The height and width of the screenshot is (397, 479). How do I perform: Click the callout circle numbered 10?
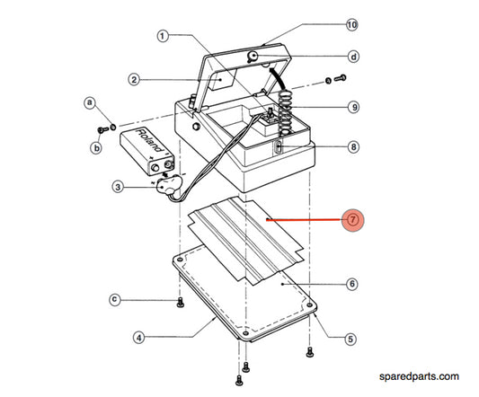tap(352, 23)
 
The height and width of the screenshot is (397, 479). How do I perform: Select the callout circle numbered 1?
tap(163, 37)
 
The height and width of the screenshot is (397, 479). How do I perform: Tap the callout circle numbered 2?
tap(132, 80)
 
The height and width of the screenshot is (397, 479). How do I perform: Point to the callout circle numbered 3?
tap(118, 188)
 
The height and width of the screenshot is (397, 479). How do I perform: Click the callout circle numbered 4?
tap(138, 338)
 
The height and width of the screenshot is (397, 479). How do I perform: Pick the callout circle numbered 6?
tap(352, 285)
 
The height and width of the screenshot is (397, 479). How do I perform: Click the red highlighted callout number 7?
tap(352, 219)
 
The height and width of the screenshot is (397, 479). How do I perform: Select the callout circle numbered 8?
tap(353, 146)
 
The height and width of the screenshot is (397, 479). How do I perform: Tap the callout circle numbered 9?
tap(353, 107)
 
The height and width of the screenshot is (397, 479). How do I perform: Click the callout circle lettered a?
tap(89, 102)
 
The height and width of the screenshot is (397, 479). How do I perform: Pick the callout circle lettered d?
tap(353, 57)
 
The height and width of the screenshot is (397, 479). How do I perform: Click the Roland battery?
tap(147, 149)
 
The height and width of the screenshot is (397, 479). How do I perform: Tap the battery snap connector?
tap(167, 186)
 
